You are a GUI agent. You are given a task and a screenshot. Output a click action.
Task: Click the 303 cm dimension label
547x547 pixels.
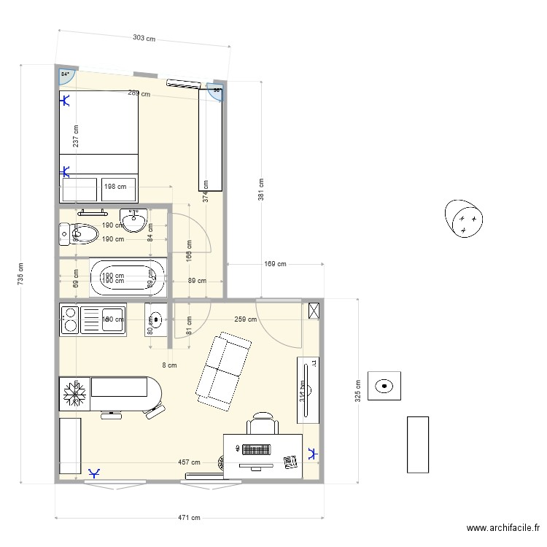(x=144, y=38)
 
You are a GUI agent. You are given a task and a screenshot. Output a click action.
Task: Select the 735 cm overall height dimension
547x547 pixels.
(x=20, y=274)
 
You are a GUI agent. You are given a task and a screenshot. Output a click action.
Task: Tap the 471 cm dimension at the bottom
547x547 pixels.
(x=189, y=519)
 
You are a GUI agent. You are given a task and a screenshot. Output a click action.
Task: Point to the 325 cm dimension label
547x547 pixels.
(x=357, y=390)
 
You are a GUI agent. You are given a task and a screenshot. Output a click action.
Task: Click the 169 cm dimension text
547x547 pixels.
(x=275, y=264)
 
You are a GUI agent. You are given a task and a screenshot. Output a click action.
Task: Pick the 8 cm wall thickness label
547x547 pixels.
(x=169, y=365)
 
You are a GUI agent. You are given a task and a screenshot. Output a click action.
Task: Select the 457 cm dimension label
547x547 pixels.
(x=189, y=462)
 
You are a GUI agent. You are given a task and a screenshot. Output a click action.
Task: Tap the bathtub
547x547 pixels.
(x=128, y=278)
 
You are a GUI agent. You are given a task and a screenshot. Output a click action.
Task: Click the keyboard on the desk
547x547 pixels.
(x=256, y=450)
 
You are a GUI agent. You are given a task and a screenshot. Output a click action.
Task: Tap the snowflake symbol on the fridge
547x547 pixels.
(x=75, y=394)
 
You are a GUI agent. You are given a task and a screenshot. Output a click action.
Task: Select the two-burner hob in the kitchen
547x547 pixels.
(x=70, y=319)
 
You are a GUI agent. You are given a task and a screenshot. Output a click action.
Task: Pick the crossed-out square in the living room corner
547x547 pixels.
(x=314, y=310)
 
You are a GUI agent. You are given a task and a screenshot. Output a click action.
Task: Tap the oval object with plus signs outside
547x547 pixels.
(x=465, y=218)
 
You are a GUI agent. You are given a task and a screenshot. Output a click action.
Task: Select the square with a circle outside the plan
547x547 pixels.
(x=384, y=384)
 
